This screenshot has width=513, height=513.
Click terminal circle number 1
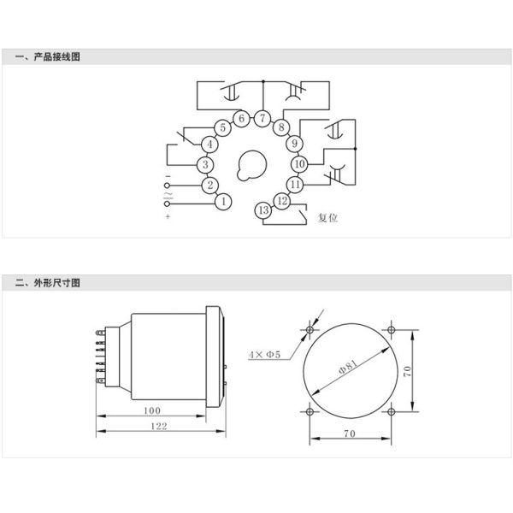point(223,202)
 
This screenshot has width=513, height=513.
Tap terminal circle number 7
point(262,119)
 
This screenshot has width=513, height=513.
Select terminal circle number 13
point(263,210)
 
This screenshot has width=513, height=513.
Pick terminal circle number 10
point(300,164)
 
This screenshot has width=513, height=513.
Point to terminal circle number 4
point(209,144)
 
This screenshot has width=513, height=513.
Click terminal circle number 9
point(294,144)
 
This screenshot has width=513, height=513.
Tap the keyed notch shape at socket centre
point(251,165)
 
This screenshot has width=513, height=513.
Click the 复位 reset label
point(327,217)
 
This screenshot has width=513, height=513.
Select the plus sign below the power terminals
point(168,216)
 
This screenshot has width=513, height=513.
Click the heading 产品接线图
point(57,56)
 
